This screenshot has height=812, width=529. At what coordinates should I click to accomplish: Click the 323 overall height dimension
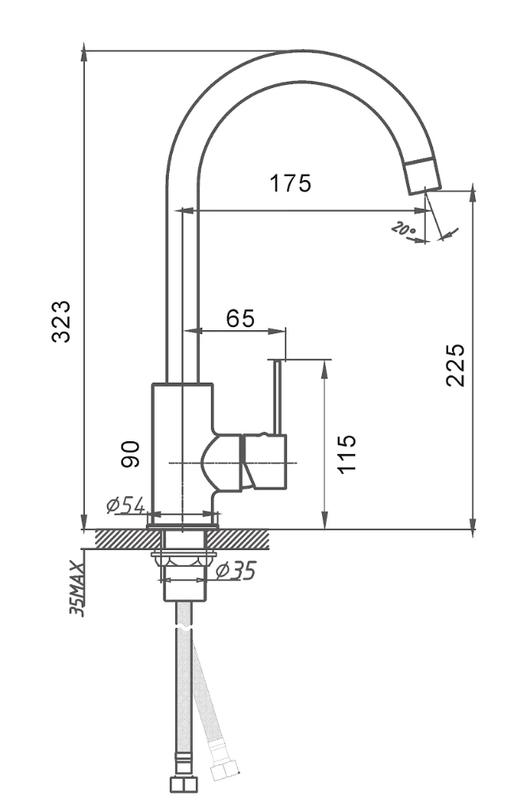(63, 320)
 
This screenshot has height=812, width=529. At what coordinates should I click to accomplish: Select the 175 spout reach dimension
(290, 183)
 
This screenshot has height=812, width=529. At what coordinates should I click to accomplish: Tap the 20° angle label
(404, 230)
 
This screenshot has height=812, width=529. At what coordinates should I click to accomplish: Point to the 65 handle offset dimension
(240, 318)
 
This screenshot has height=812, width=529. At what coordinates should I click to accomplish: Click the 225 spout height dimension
(455, 364)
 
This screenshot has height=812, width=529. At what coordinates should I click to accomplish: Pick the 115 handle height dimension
(347, 453)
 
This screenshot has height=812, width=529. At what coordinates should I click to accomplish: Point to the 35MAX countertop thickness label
(77, 588)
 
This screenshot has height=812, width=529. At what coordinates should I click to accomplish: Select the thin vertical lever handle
(277, 397)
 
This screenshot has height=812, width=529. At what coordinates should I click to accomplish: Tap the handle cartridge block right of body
(265, 461)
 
